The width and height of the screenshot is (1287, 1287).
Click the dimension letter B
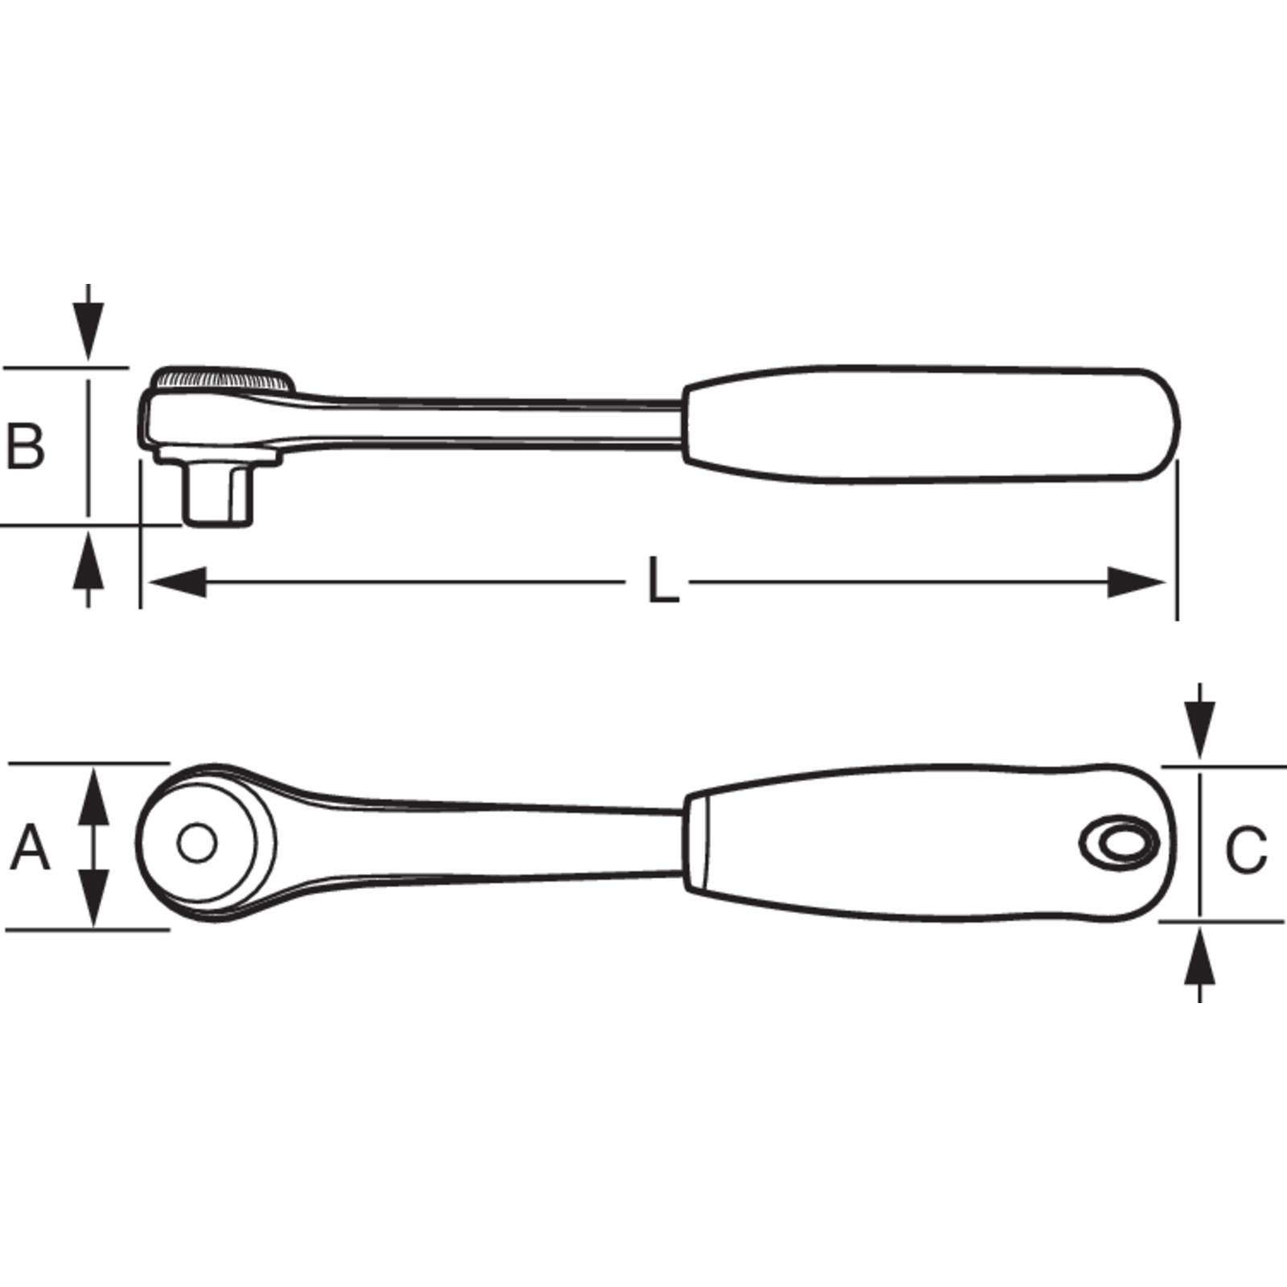click(25, 446)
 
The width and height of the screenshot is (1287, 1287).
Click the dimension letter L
click(664, 581)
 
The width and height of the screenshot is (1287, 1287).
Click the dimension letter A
click(30, 847)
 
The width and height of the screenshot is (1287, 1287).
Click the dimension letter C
click(1246, 850)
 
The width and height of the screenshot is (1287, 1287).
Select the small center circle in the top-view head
click(197, 843)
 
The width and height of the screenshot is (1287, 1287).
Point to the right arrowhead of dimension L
click(1137, 582)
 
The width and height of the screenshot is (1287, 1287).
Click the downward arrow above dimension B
click(88, 323)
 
